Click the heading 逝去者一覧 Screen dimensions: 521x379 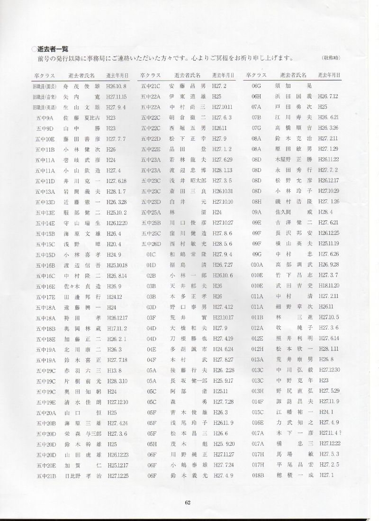53,48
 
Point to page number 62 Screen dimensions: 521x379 189,503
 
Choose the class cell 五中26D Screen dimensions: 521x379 151,243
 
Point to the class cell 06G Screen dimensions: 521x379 257,86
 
